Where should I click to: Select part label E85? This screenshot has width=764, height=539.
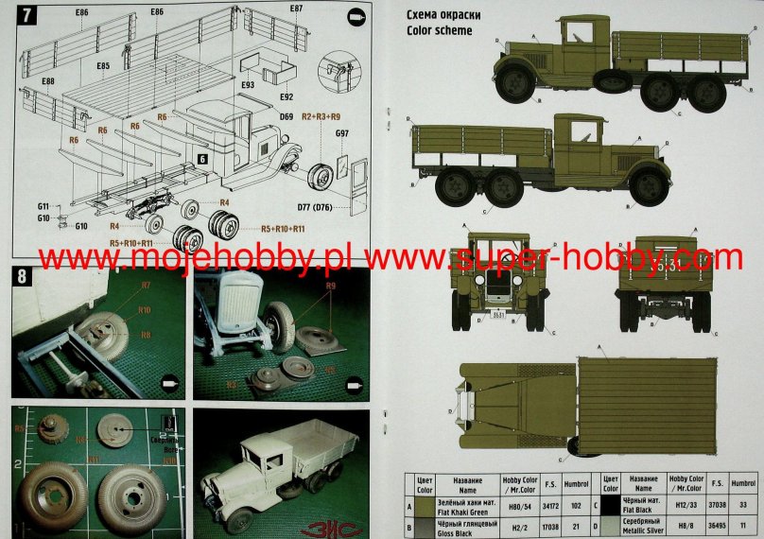[103, 65]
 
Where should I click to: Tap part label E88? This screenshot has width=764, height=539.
[46, 82]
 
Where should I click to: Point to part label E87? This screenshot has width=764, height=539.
[297, 9]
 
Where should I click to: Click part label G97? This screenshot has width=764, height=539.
[342, 134]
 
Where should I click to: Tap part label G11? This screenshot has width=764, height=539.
[43, 206]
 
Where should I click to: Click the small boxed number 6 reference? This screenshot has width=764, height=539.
[202, 160]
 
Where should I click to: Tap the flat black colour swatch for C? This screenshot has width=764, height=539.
[611, 506]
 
